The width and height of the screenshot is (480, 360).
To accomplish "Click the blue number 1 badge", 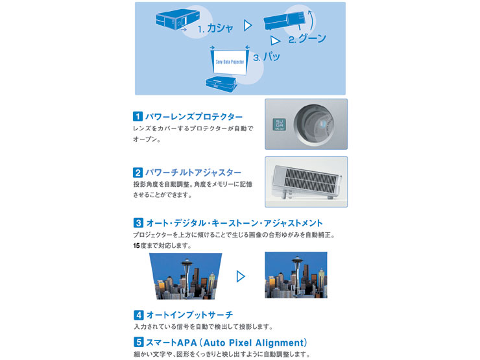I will point(138,117).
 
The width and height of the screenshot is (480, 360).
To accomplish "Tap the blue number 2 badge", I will point(138,173).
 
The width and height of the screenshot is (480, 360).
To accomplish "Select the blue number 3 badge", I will point(138,223).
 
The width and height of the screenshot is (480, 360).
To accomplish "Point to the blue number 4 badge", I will point(138,315).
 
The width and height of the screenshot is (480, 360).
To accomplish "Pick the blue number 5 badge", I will point(138,342).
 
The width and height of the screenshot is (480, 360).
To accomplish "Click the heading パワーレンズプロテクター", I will point(194,117).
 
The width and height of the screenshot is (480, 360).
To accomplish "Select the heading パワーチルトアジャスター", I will point(193,173).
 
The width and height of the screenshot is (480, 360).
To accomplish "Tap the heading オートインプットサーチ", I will point(189,315).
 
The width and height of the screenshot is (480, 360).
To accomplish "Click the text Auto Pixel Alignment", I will point(258,342).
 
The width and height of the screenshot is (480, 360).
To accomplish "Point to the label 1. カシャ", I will point(215,29).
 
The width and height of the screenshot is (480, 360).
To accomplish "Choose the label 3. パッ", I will point(267,57).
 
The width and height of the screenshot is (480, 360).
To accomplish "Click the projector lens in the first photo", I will point(317,122).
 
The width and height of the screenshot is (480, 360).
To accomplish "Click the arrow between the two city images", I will point(241,276).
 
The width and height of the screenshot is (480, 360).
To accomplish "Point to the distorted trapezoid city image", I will point(186,276).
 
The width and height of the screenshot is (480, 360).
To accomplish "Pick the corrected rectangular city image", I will point(296,275).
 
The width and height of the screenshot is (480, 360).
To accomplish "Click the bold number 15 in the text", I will point(137,245).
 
